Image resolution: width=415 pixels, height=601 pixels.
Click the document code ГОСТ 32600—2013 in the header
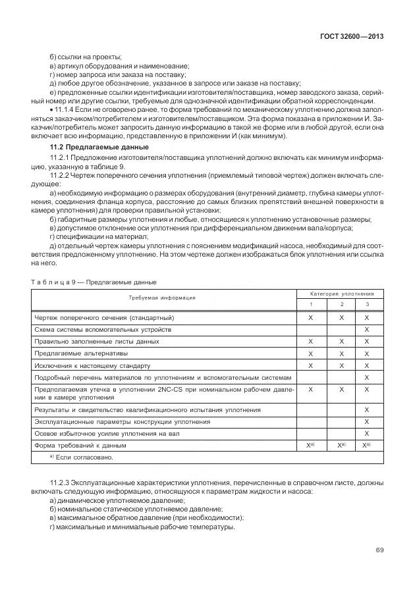click(x=350, y=36)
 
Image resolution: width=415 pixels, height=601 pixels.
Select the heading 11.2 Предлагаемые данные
click(x=99, y=147)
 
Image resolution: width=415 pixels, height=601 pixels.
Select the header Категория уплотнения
click(x=342, y=293)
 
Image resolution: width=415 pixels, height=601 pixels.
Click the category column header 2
click(x=341, y=304)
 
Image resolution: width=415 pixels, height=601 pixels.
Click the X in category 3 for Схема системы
click(x=366, y=328)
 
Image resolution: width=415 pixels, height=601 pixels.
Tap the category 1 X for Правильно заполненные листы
click(x=310, y=342)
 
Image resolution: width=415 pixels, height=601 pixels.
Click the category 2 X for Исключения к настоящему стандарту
click(x=341, y=365)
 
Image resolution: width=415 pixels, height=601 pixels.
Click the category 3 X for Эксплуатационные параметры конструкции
click(x=366, y=421)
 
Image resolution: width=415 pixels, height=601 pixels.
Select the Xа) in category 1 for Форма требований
click(x=310, y=446)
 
